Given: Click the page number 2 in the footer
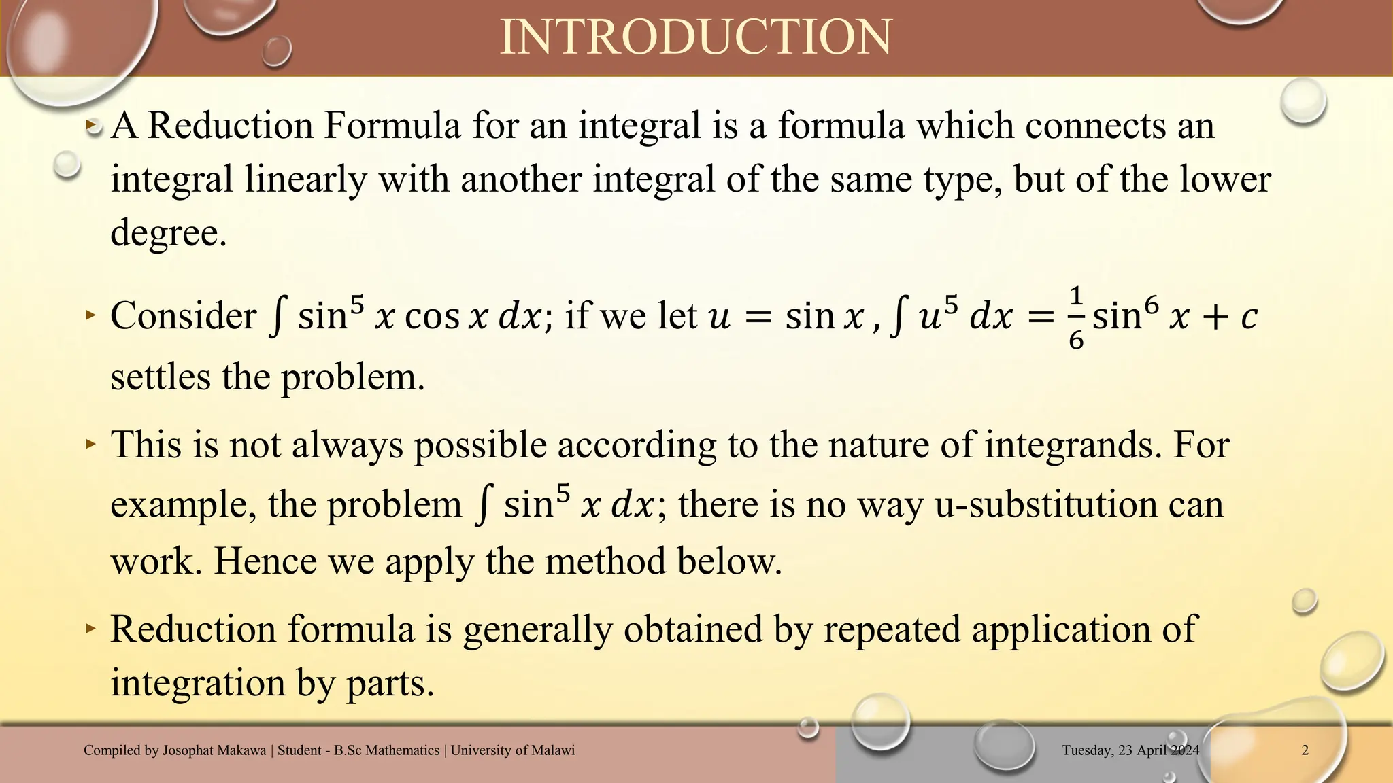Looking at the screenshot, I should [1305, 750].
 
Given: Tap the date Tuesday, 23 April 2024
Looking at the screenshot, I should [1130, 750].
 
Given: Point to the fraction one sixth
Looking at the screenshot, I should [1075, 317].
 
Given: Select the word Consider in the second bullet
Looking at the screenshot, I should [183, 316].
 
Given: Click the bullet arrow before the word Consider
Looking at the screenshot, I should [91, 315].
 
